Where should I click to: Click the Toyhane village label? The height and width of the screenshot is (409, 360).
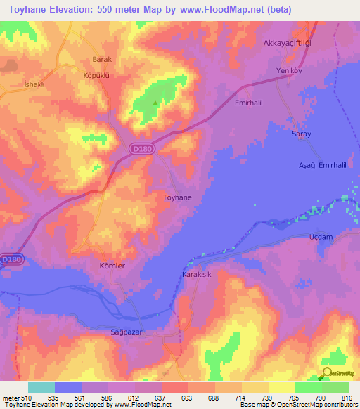177,198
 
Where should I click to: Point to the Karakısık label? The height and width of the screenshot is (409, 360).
198,275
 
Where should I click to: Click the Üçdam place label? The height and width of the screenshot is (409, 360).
321,238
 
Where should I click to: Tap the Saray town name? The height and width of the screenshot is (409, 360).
301,134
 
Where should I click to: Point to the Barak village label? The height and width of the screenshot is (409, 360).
103,60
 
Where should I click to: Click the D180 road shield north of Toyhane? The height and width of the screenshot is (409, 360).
138,148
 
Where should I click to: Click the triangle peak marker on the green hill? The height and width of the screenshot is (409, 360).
155,103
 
